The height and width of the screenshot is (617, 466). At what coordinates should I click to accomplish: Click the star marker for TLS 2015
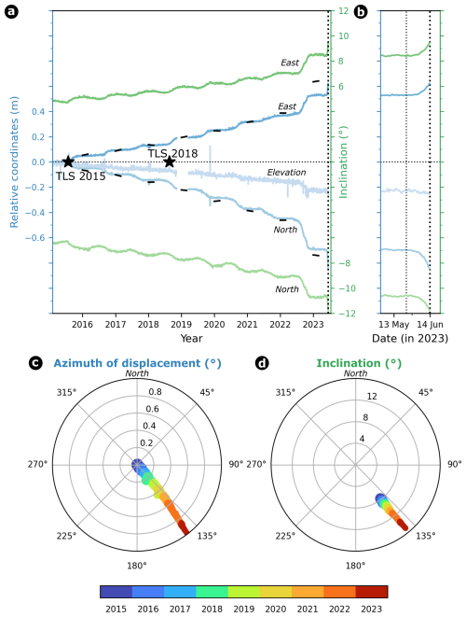(x=68, y=161)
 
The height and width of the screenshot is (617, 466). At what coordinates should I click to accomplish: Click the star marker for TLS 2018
(x=169, y=161)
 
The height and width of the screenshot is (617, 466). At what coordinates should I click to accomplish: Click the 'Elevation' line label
(x=286, y=173)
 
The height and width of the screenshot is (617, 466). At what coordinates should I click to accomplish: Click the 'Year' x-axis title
(x=191, y=338)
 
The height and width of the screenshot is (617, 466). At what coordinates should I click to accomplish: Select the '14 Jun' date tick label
(x=430, y=324)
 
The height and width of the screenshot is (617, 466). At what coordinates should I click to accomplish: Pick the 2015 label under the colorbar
(x=116, y=608)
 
